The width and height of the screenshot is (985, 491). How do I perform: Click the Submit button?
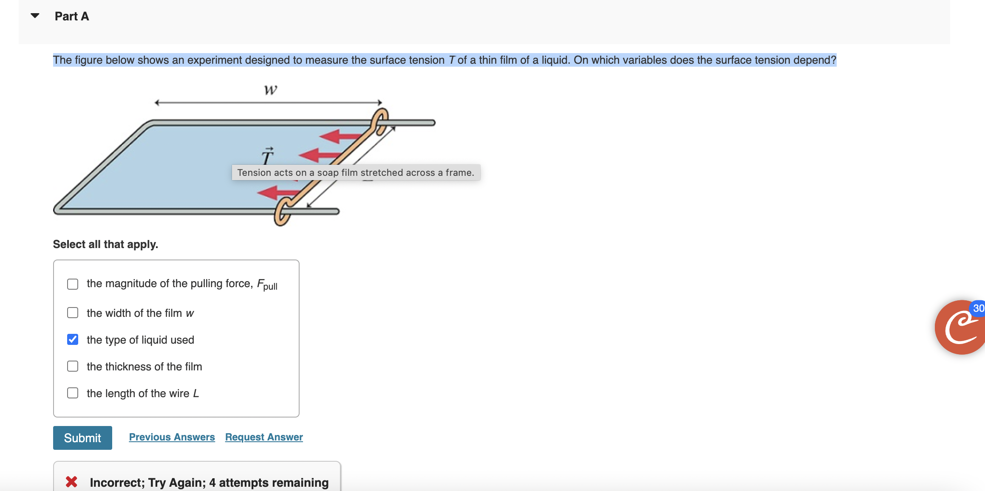pos(82,438)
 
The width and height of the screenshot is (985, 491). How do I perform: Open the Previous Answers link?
pos(172,437)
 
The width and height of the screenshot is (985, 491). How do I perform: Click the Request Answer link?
pos(264,437)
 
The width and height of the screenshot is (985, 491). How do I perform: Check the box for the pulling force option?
pos(73,284)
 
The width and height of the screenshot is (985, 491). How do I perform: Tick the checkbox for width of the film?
pos(73,313)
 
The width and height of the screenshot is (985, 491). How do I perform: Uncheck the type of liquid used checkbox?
pos(73,339)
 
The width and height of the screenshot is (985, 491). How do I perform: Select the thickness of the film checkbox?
pos(73,366)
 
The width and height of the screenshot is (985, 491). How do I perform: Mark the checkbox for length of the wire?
pos(73,393)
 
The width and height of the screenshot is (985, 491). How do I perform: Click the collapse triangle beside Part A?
pos(35,16)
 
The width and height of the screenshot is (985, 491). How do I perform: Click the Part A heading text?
pos(72,16)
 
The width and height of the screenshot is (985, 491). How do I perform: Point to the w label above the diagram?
pos(270,90)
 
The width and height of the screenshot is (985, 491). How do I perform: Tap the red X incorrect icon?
pos(71,482)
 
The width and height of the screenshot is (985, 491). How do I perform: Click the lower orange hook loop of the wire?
pos(282,212)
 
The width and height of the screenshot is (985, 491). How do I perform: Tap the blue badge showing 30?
pos(978,308)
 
